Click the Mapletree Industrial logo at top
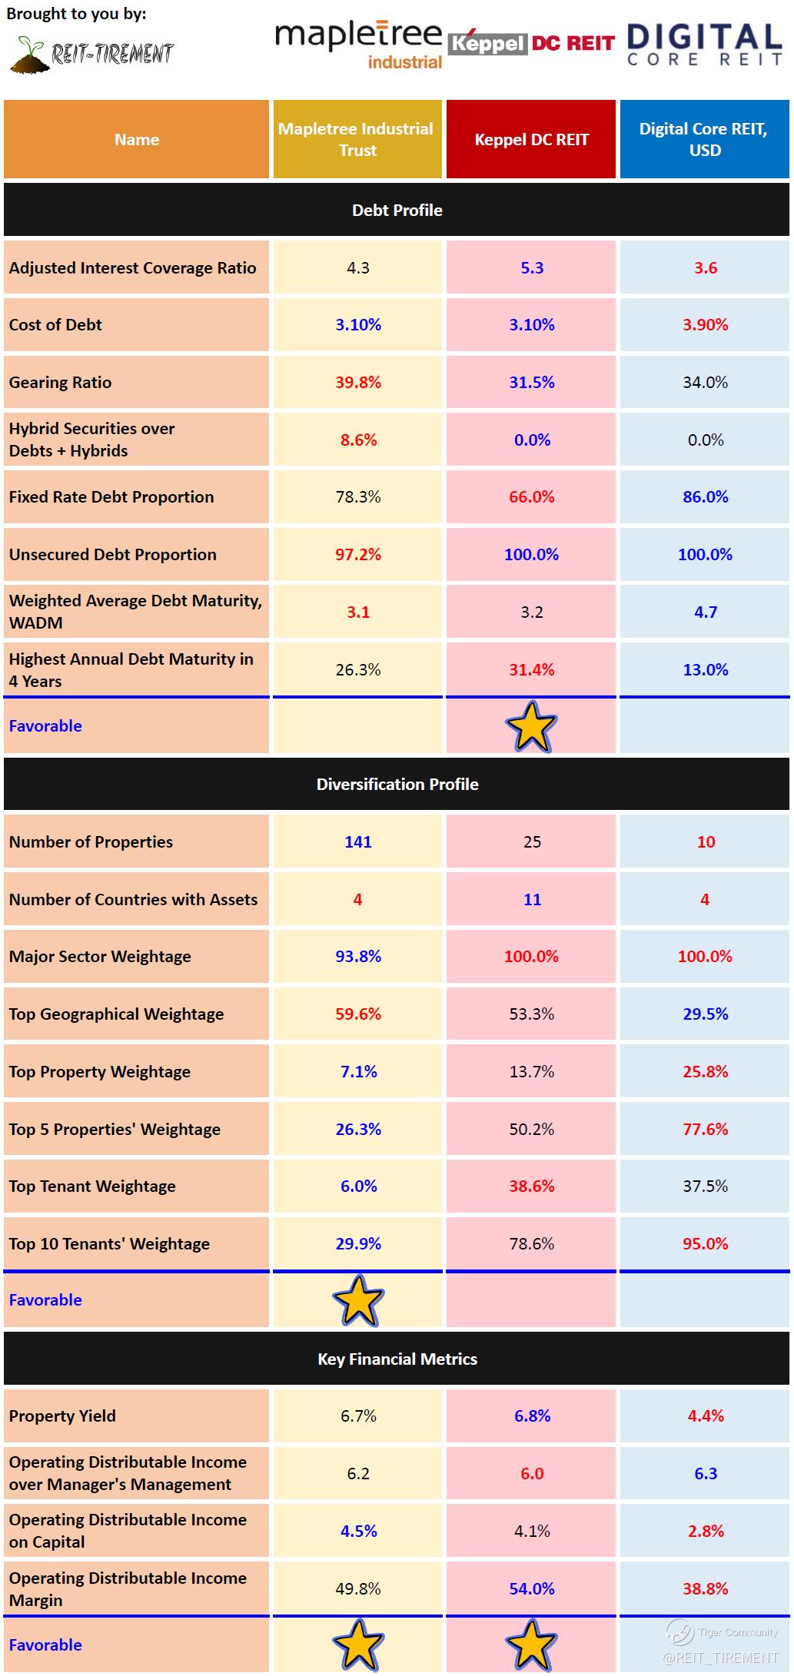pos(358,45)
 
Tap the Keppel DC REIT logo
pos(531,43)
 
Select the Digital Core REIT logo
pos(704,45)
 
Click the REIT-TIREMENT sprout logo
pos(92,54)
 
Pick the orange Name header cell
pos(137,139)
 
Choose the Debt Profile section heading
pos(397,210)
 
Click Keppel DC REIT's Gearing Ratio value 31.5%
pos(531,382)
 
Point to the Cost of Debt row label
pos(55,324)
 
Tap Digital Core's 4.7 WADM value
pos(705,612)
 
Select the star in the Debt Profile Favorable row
pos(531,726)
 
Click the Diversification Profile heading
pos(397,784)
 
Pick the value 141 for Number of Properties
pos(358,841)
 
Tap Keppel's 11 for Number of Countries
pos(532,899)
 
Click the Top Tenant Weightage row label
pos(92,1186)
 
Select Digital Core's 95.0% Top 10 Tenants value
pos(705,1243)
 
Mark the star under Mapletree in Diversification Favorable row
pos(358,1300)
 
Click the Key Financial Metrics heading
pos(397,1359)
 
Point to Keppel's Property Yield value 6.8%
pos(532,1415)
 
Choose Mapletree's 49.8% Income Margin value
pos(358,1588)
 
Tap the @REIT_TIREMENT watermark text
pos(720,1658)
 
